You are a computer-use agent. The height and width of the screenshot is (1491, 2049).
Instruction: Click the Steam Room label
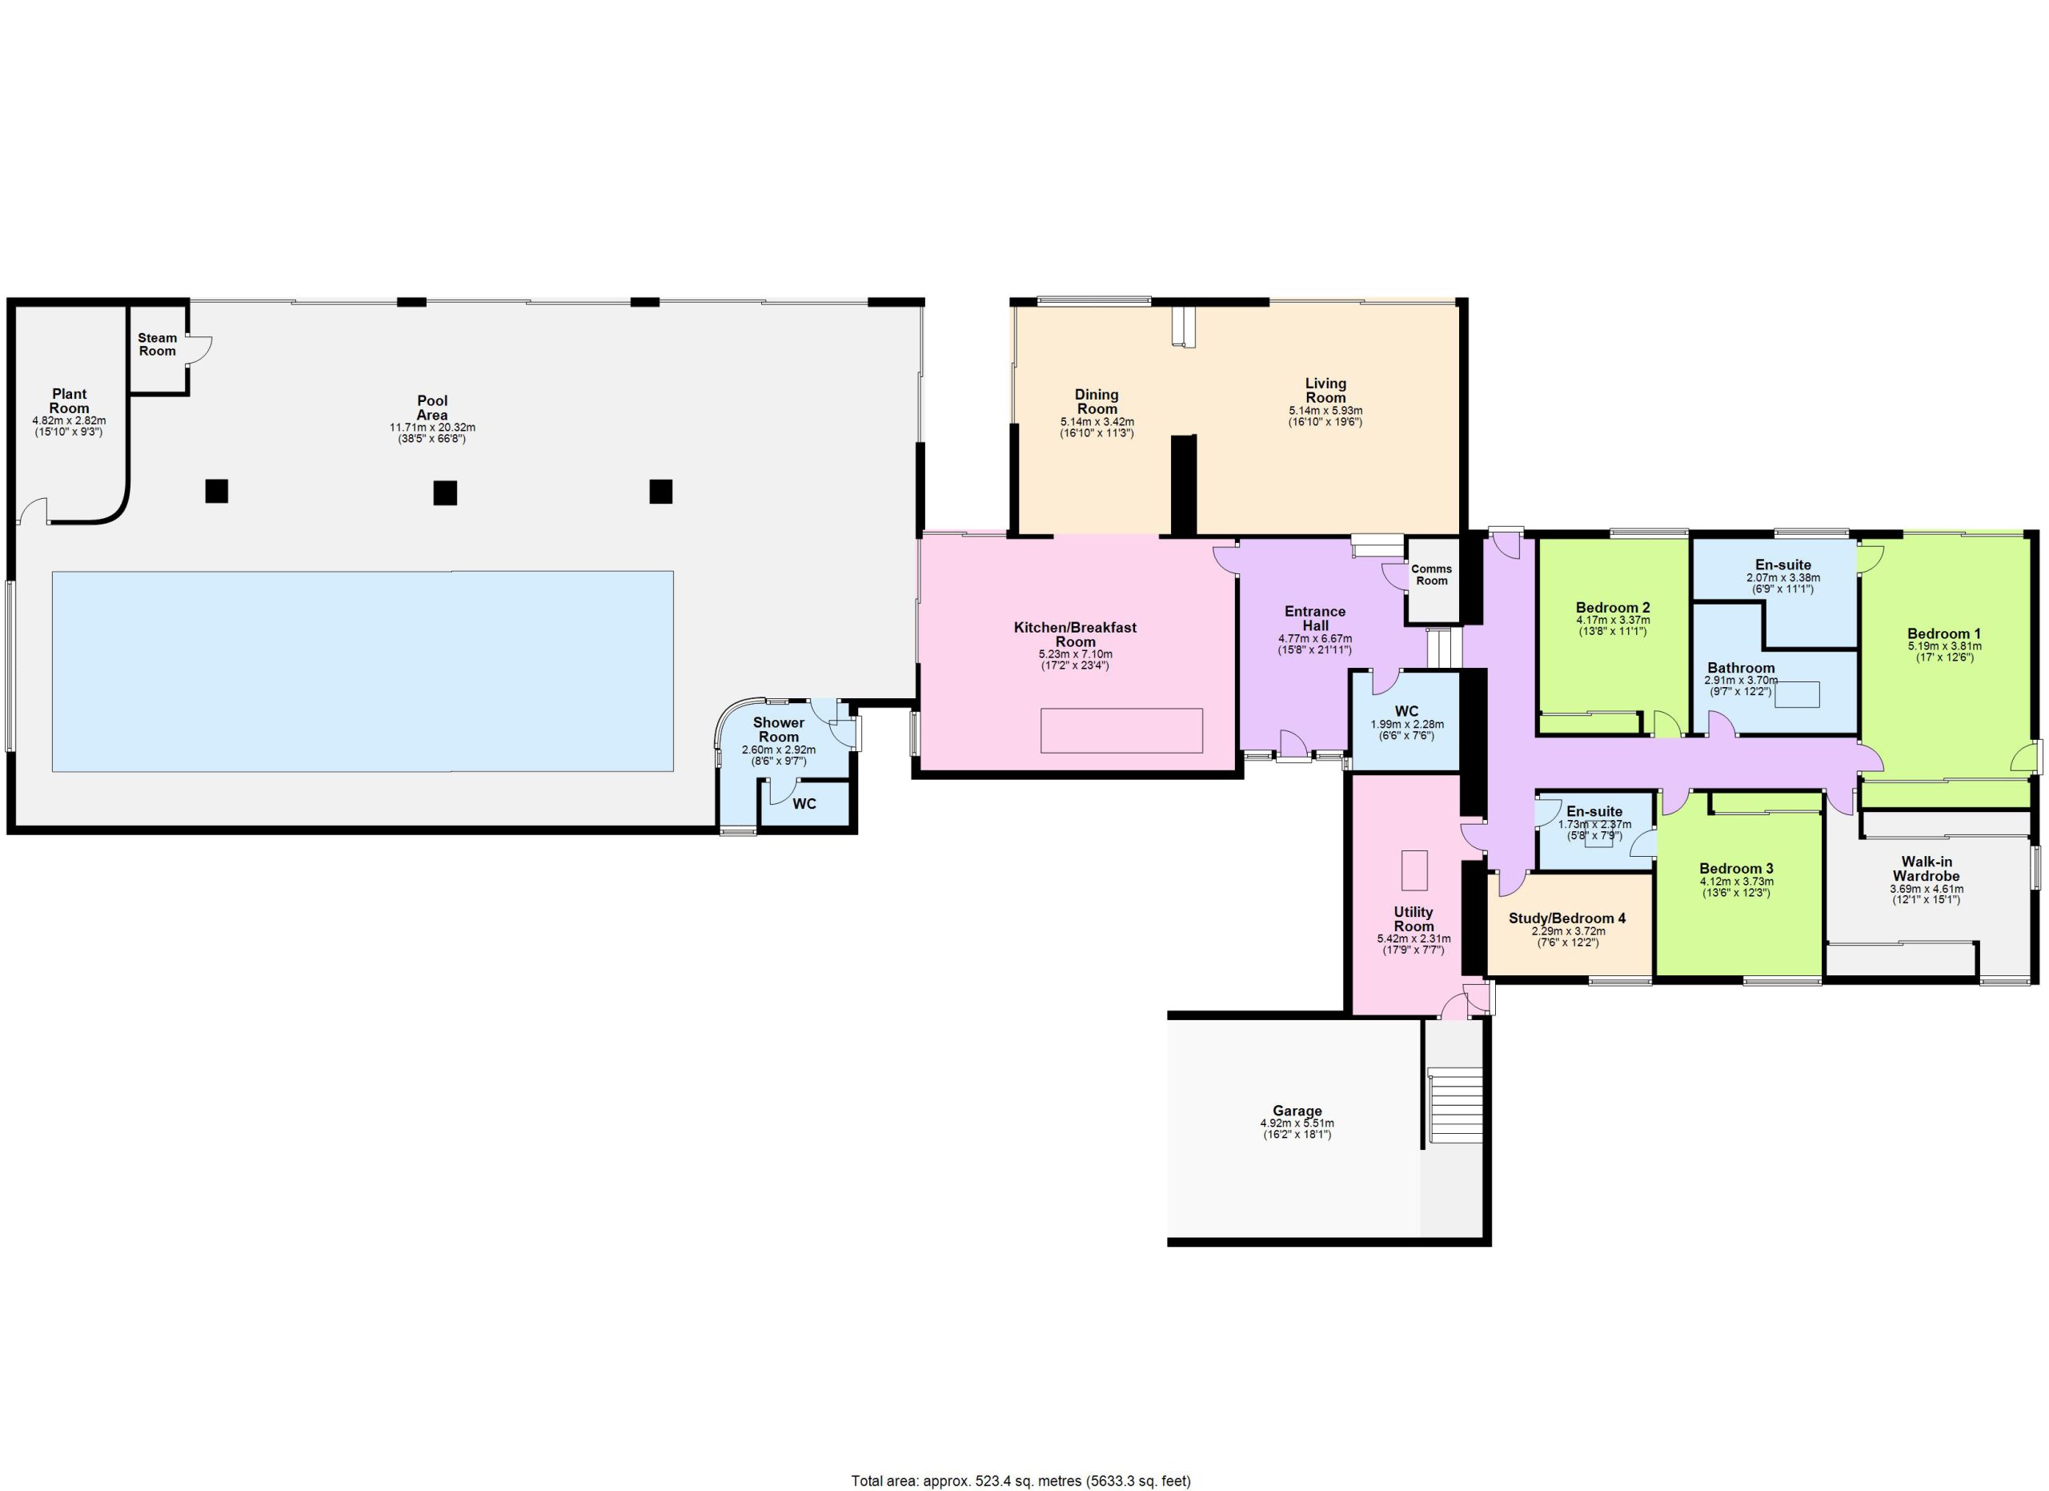pos(157,344)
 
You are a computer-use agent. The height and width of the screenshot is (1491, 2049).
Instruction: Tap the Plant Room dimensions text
pos(69,427)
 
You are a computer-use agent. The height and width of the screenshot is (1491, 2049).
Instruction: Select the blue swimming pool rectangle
pos(363,671)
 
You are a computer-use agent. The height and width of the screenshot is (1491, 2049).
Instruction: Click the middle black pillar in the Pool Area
pos(444,492)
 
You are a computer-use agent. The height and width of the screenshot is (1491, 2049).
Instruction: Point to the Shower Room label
pos(779,729)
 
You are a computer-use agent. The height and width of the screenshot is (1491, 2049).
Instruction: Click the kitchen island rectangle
pos(1121,731)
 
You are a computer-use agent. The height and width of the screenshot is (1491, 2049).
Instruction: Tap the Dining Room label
pos(1097,401)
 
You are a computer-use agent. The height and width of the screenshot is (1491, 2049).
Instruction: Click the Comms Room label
pos(1432,575)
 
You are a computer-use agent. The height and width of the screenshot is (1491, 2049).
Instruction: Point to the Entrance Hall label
pos(1315,618)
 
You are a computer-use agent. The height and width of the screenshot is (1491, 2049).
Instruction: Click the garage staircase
pos(1455,1104)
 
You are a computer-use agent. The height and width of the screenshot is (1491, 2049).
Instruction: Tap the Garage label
pos(1297,1111)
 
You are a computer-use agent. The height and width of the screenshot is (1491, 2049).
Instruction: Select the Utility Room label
pos(1413,919)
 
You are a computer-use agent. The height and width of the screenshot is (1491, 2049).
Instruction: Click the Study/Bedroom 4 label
pos(1567,918)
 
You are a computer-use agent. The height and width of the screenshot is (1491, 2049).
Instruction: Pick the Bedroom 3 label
pos(1736,868)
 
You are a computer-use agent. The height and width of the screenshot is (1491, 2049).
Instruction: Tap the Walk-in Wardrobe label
pos(1927,868)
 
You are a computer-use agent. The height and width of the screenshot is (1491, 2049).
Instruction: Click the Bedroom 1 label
pos(1944,633)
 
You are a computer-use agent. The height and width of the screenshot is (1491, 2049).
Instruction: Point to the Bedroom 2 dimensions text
pos(1614,626)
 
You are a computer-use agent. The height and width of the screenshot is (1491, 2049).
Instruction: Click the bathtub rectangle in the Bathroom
pos(1797,695)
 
